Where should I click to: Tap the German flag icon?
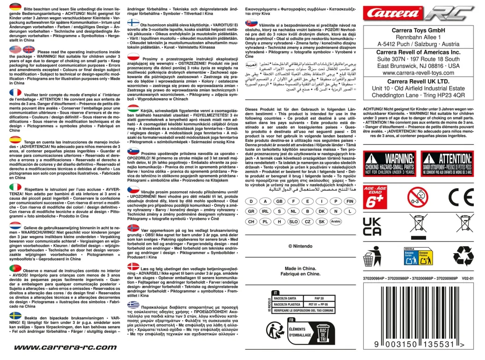point(15,7)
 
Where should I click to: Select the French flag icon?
point(15,93)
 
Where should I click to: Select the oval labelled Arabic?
point(335,221)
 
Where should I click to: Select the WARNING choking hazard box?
point(390,163)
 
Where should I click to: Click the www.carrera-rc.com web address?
point(65,347)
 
